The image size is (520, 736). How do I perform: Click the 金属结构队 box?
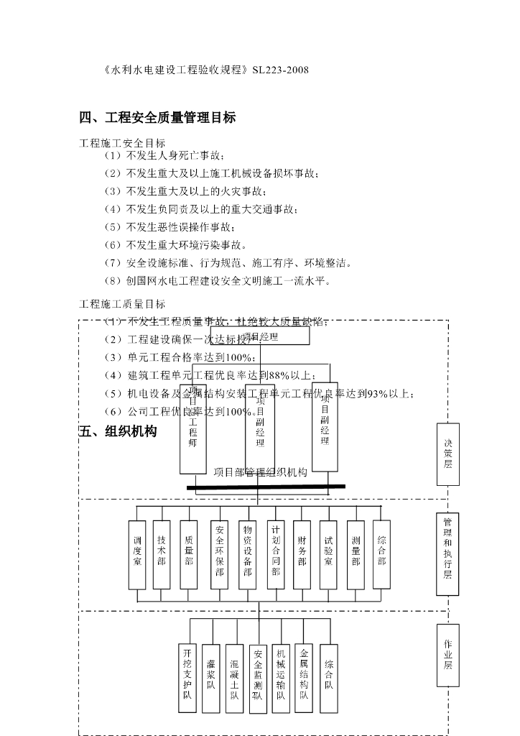[x=304, y=676]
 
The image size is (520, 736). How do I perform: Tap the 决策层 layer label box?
[x=448, y=454]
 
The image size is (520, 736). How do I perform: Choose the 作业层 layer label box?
[x=447, y=653]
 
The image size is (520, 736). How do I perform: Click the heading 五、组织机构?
[x=117, y=432]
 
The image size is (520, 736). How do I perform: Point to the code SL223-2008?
[x=281, y=70]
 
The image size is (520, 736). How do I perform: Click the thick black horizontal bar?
[x=266, y=487]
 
